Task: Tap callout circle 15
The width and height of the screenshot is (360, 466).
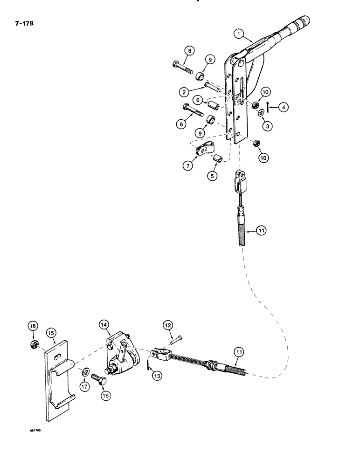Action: [51, 333]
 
